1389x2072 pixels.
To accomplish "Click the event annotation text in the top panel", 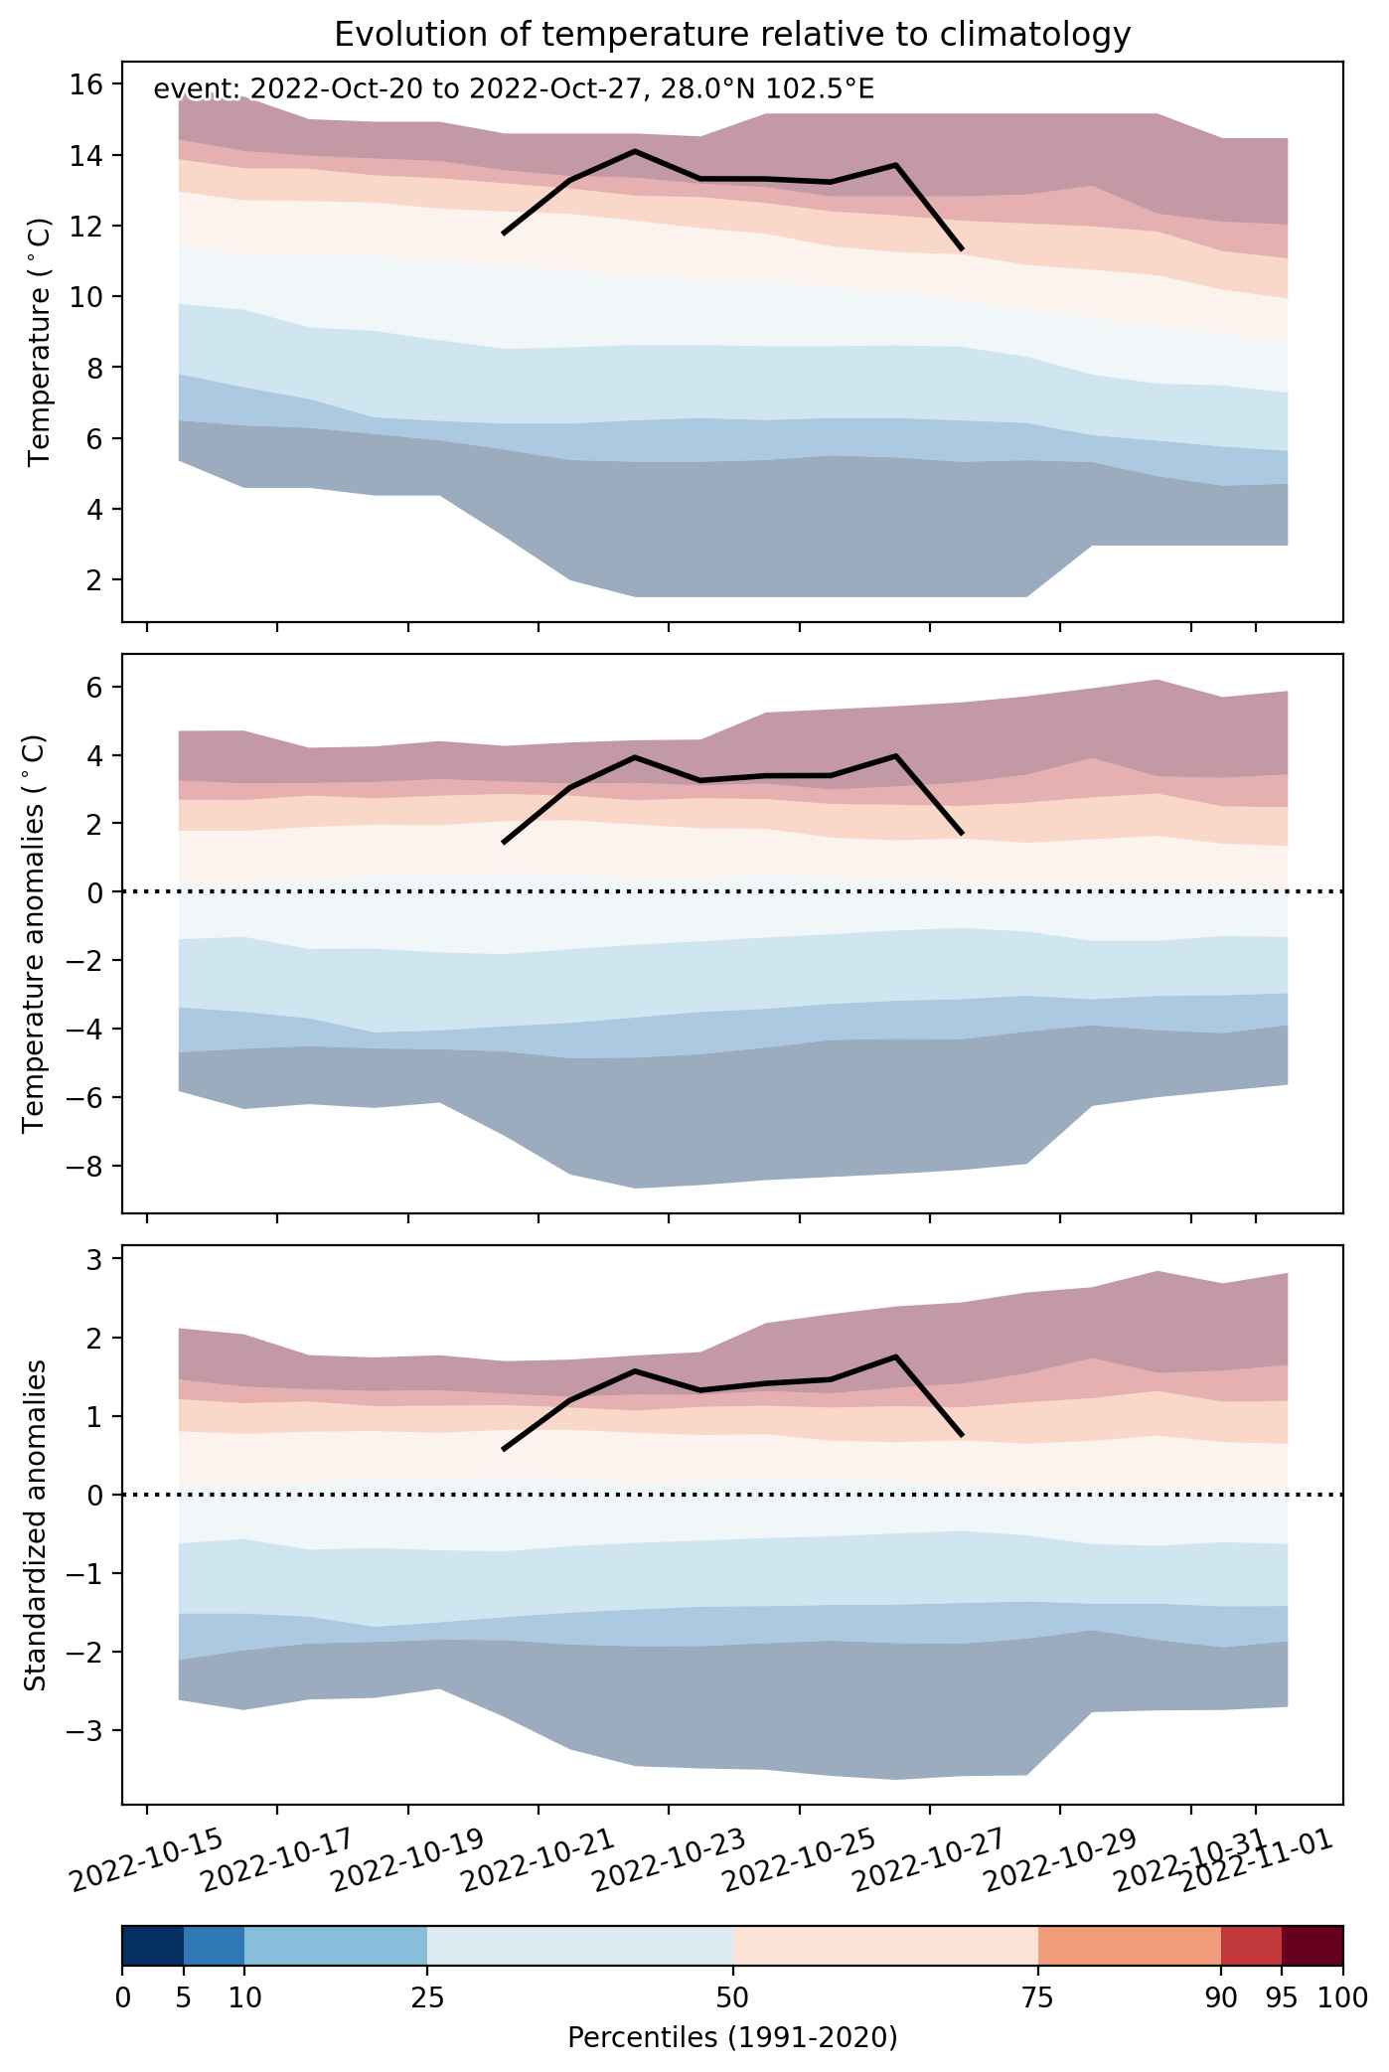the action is [514, 90].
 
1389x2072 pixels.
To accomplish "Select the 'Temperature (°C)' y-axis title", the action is [39, 342].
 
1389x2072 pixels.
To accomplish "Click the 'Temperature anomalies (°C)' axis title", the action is [35, 933].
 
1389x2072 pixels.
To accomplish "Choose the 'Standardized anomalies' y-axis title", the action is [35, 1525].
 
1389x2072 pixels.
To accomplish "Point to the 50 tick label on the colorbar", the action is [732, 1997].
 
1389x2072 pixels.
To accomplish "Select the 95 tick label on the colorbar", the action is [1282, 1997].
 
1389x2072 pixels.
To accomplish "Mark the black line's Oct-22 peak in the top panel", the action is [635, 151].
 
